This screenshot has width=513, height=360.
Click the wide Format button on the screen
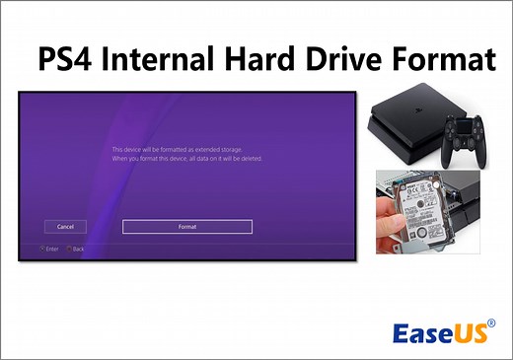click(186, 226)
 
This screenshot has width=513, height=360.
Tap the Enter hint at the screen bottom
click(52, 249)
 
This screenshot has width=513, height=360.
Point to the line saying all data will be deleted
click(186, 158)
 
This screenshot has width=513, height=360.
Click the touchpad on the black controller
click(464, 125)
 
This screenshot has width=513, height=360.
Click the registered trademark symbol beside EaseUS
click(491, 321)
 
